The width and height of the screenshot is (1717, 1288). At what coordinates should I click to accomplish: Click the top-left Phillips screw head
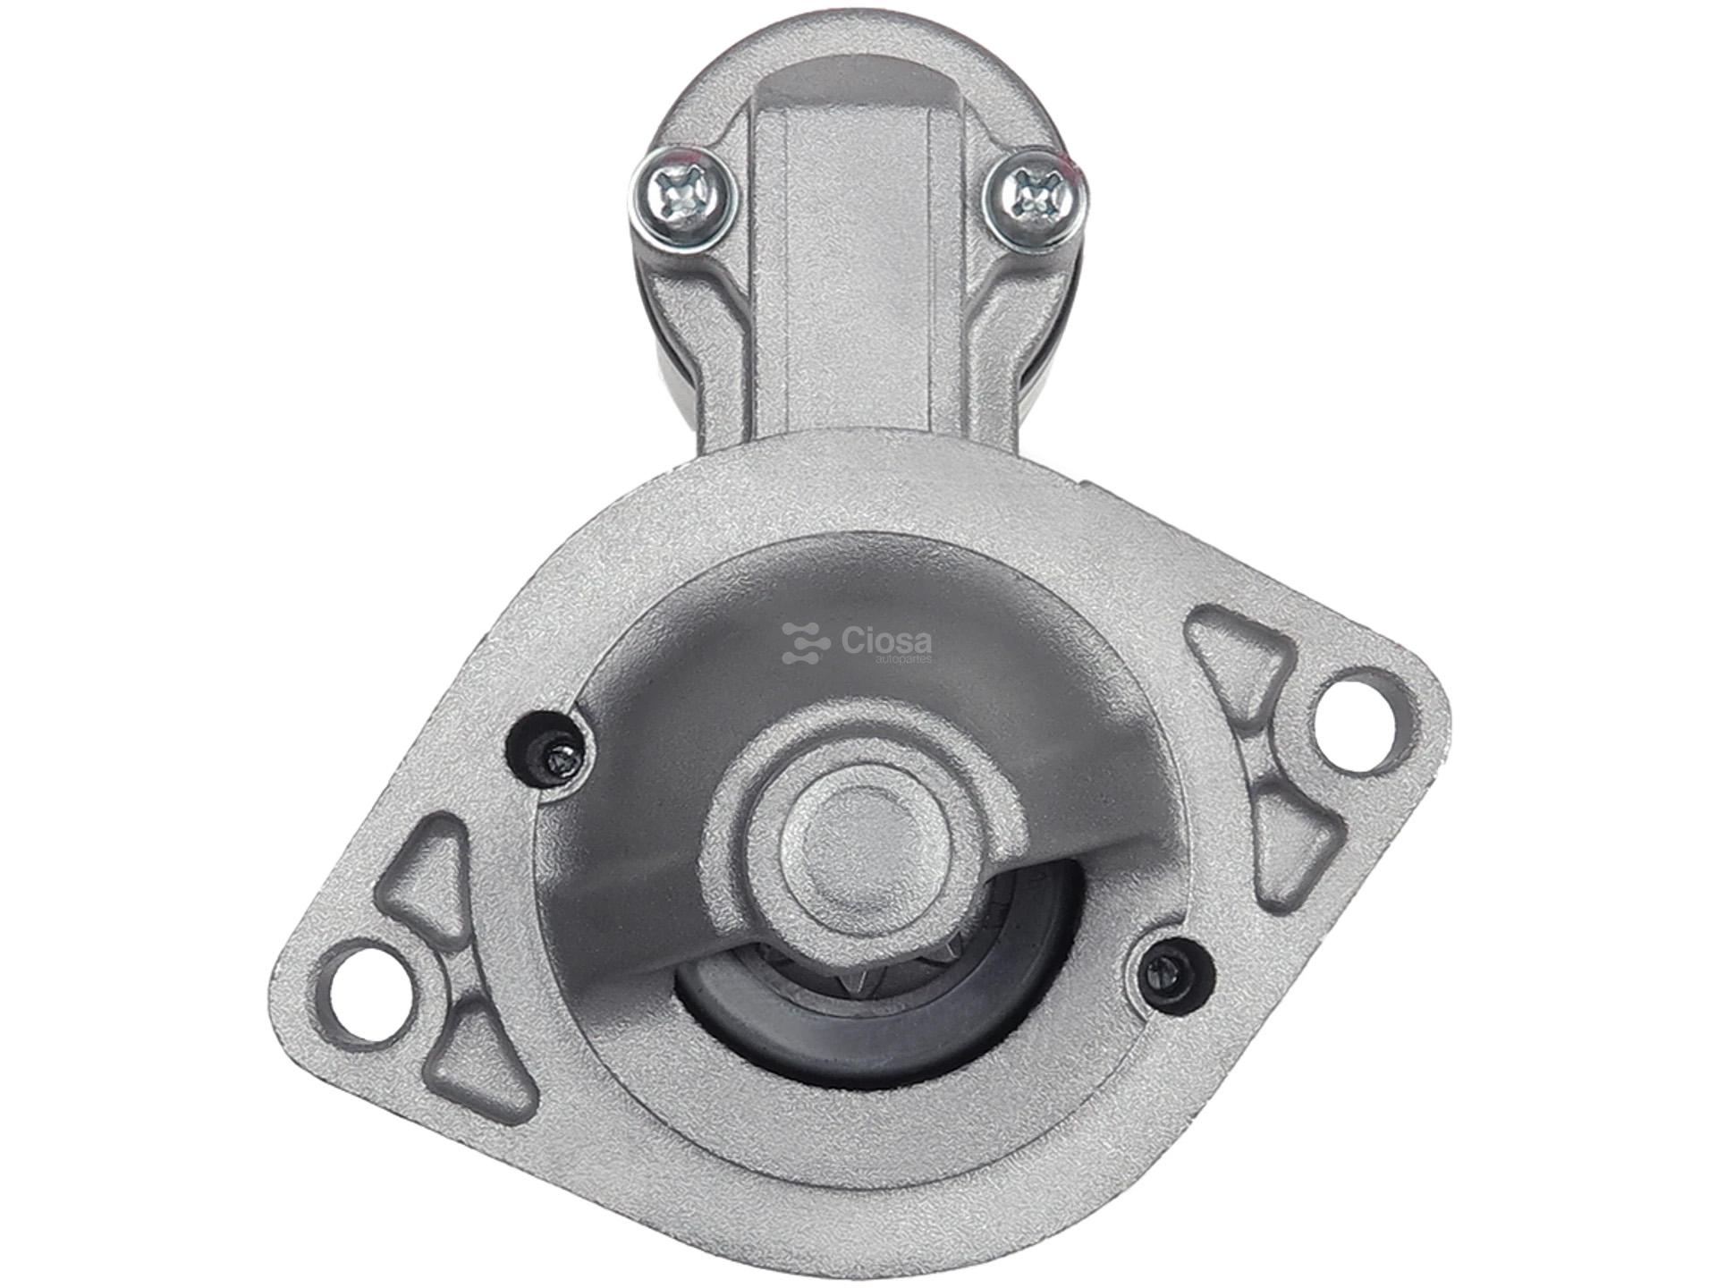[682, 199]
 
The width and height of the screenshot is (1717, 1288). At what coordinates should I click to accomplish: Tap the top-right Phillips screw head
[1036, 199]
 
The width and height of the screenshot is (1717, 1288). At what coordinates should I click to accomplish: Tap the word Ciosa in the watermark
[884, 640]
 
